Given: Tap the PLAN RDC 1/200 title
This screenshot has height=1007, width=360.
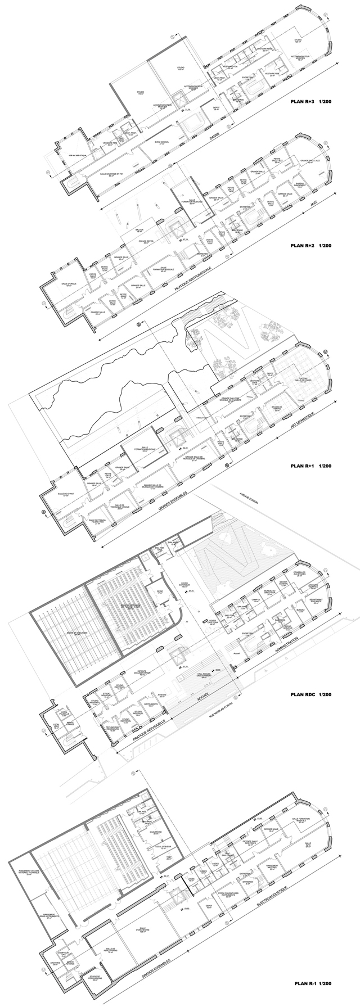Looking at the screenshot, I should tap(314, 695).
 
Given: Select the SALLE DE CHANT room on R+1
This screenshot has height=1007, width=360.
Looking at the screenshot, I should tap(66, 495).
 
